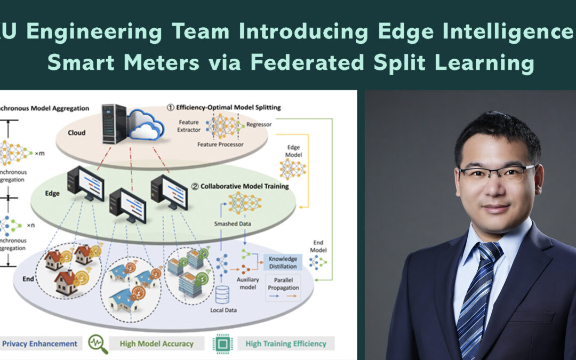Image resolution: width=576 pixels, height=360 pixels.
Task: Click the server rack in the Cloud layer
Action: coord(114,123)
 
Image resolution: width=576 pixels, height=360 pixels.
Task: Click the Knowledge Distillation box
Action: coord(283,261)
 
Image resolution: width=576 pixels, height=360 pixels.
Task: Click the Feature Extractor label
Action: coord(189,126)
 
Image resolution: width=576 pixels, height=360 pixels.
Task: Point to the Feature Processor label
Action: coord(220,145)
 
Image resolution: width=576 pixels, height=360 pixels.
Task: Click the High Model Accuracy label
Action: coord(156,343)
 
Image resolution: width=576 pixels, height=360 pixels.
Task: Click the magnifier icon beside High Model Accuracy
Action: coord(98,344)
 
